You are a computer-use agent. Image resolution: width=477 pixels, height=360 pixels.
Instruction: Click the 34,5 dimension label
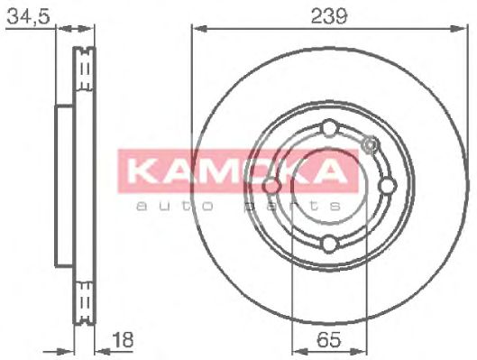click(x=28, y=16)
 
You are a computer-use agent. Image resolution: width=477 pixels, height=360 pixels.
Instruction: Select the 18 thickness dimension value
click(x=123, y=339)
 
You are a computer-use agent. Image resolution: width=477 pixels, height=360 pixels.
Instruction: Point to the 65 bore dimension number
click(x=329, y=339)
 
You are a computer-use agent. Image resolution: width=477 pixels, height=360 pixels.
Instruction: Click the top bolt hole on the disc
click(x=330, y=128)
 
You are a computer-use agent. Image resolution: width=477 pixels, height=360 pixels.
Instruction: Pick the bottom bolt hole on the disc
click(x=330, y=244)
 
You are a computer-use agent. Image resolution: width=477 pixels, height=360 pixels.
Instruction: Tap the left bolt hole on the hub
click(x=271, y=186)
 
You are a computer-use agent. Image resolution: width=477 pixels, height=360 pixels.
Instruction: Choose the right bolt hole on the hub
click(x=388, y=186)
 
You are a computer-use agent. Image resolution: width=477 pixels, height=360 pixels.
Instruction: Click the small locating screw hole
click(x=371, y=144)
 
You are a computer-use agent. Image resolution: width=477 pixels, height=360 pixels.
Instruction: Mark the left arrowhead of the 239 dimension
click(x=199, y=29)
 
